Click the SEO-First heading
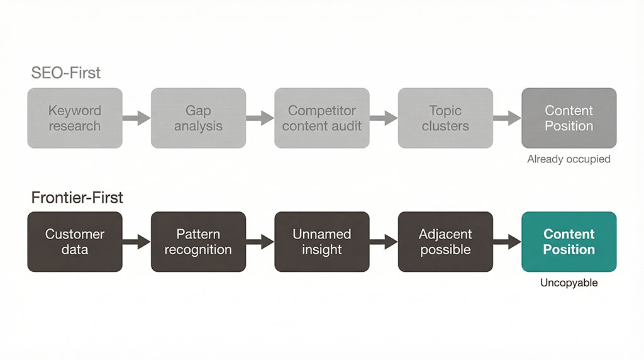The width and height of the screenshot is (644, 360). click(66, 73)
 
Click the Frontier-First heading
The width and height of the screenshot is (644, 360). click(77, 198)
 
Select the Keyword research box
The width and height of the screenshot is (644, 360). click(75, 118)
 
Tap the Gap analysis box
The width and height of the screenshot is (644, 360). click(198, 118)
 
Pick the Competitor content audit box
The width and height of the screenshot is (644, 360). click(321, 118)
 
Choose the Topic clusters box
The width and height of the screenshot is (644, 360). click(445, 118)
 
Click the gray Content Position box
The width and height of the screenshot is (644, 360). click(569, 118)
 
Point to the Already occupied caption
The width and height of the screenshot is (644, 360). click(569, 159)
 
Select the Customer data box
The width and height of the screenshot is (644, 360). click(75, 242)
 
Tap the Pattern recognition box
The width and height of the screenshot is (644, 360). click(198, 242)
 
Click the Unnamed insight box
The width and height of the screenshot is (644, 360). click(321, 242)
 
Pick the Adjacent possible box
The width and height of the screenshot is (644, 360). click(445, 242)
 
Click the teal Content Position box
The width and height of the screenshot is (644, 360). click(569, 242)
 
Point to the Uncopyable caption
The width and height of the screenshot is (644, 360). click(569, 283)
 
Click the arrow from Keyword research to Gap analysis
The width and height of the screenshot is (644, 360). click(136, 118)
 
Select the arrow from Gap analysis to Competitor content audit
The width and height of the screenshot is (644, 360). click(260, 118)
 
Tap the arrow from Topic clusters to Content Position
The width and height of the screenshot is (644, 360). click(507, 118)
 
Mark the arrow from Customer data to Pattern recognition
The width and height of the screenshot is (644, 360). click(136, 242)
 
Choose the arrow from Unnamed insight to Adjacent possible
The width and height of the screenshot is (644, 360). click(383, 242)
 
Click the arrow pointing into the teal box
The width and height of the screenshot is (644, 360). click(507, 242)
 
